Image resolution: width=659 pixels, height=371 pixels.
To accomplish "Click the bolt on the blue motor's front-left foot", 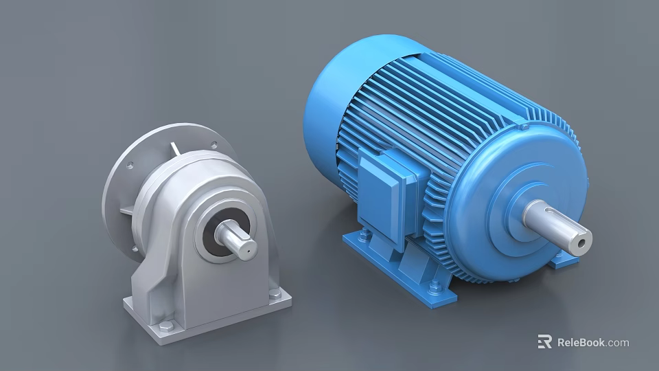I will pyautogui.click(x=363, y=237).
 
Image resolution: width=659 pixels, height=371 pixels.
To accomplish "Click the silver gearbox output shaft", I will pyautogui.click(x=236, y=240).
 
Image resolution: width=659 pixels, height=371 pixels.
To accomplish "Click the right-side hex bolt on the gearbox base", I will pyautogui.click(x=275, y=294).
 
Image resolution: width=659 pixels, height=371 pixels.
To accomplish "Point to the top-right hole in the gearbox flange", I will pyautogui.click(x=213, y=145).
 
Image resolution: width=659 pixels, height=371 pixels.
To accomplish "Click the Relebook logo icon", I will pyautogui.click(x=545, y=341).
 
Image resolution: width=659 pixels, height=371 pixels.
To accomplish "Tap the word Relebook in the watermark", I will pyautogui.click(x=581, y=342).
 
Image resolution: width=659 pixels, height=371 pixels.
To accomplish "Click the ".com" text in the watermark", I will pyautogui.click(x=617, y=342).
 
